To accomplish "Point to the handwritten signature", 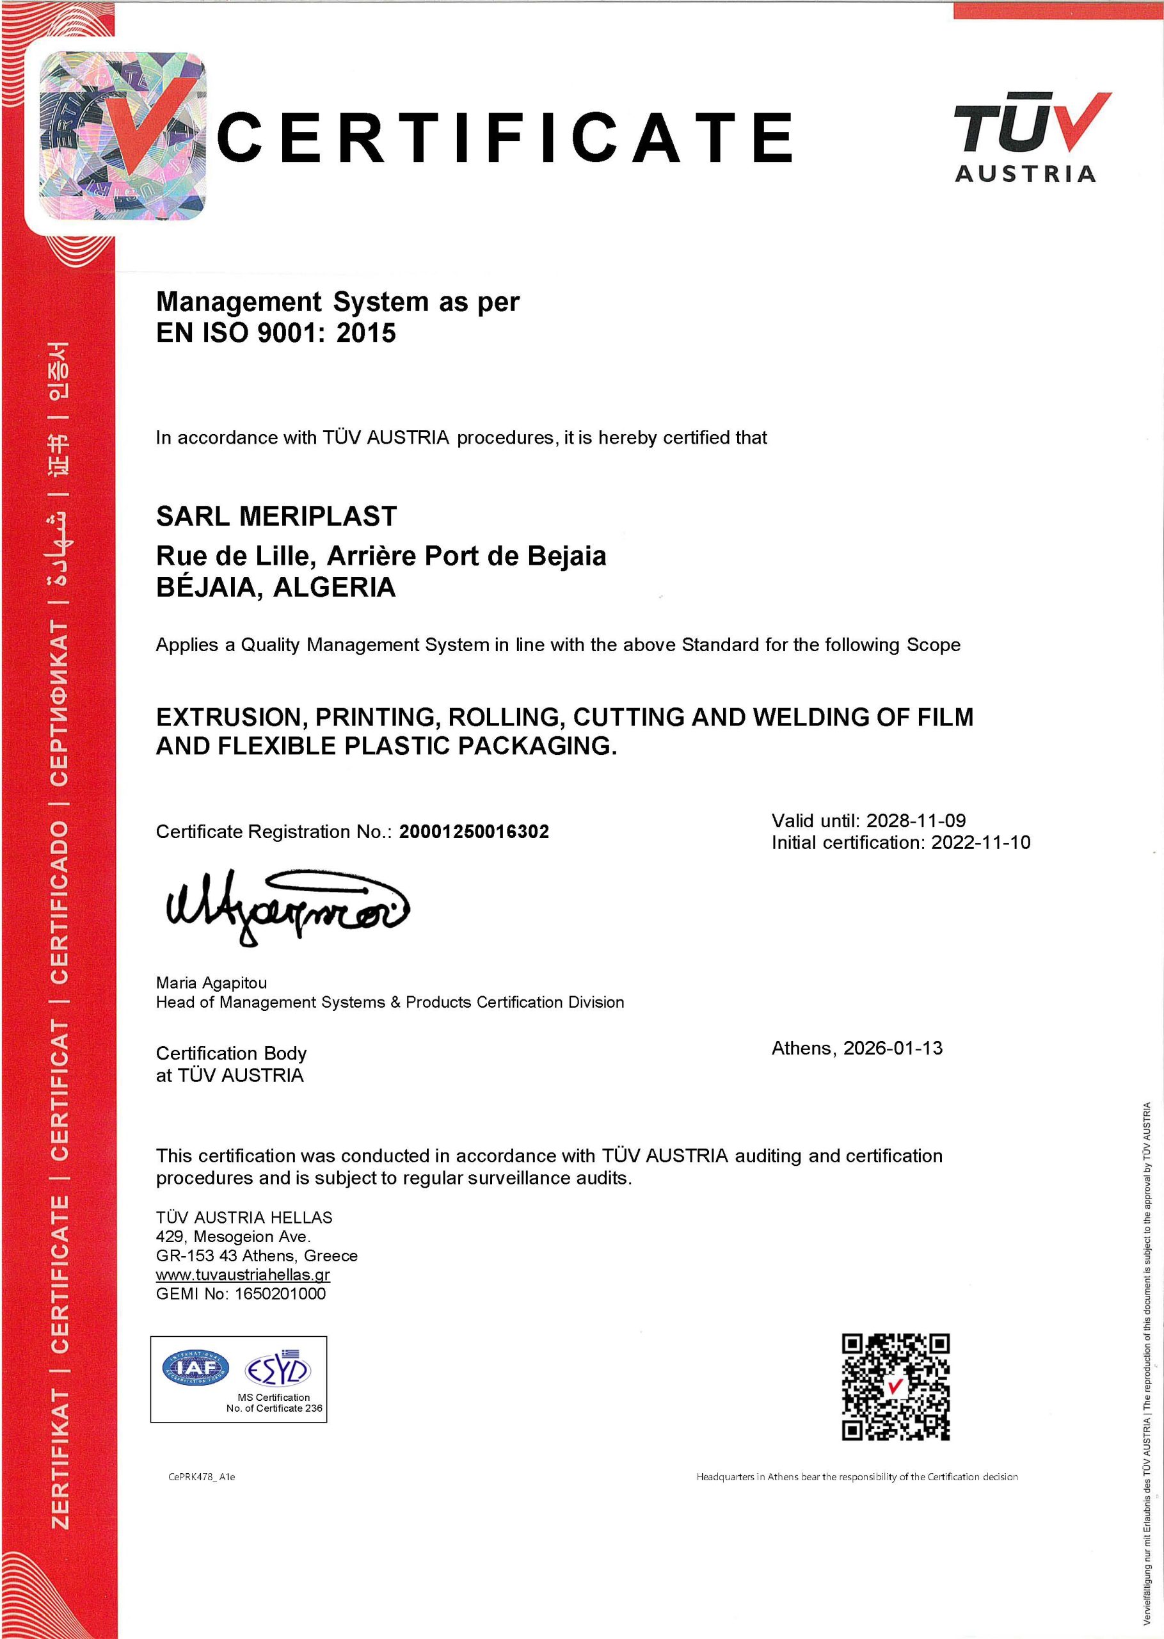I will coord(287,908).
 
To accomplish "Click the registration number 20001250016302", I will coord(474,832).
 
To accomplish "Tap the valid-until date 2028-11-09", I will coord(915,820).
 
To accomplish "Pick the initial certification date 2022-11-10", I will coord(980,843).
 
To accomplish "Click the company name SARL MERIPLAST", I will coord(276,516).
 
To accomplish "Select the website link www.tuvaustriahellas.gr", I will coord(243,1274).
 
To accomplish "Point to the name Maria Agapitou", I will coord(211,982).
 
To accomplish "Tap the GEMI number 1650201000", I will coord(280,1293).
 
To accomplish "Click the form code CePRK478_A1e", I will coord(202,1477).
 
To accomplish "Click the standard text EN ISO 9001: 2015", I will coord(276,334).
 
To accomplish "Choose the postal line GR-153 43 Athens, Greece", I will coord(257,1255).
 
